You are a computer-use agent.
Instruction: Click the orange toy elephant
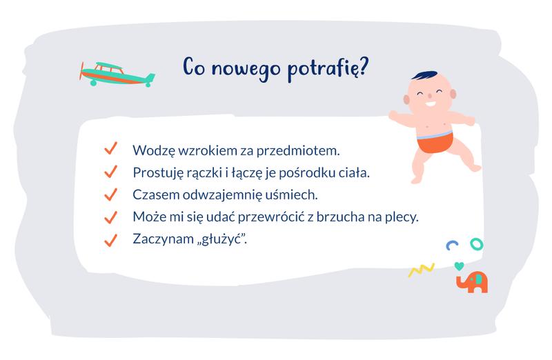pos(472,281)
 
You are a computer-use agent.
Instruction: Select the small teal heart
pos(459,265)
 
